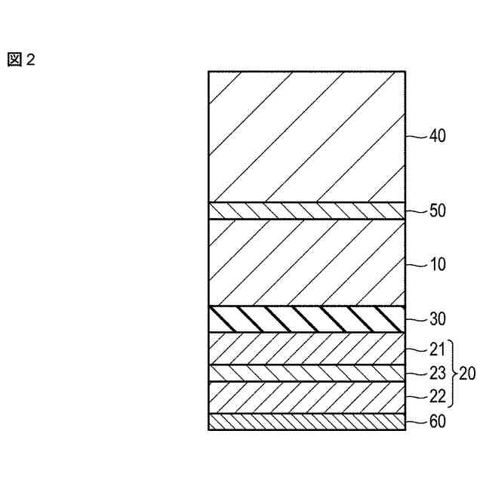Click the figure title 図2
click(x=21, y=60)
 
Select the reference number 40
click(x=438, y=137)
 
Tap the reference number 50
click(x=438, y=211)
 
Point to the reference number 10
click(x=438, y=265)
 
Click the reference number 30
click(x=438, y=319)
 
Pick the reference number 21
click(x=438, y=349)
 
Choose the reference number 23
click(x=438, y=372)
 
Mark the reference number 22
click(x=438, y=395)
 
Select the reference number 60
click(x=438, y=422)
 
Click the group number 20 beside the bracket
click(x=469, y=372)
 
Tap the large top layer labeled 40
click(x=307, y=136)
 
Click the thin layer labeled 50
click(x=307, y=211)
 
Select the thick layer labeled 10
click(x=307, y=262)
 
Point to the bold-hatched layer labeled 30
click(x=307, y=318)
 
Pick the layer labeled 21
click(x=307, y=349)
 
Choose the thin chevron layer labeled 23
click(x=307, y=373)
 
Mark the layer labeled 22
click(x=307, y=397)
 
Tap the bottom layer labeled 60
click(x=307, y=422)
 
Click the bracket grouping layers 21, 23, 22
click(x=454, y=372)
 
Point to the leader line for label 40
click(x=417, y=137)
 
